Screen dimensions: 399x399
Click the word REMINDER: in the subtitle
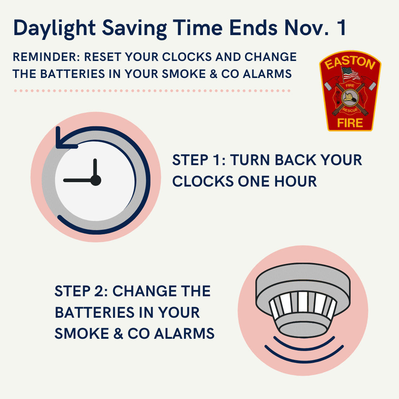tap(46, 57)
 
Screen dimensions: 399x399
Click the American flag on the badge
tap(350, 74)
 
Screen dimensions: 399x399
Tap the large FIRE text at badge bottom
tap(350, 123)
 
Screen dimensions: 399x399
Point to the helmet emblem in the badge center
tap(350, 98)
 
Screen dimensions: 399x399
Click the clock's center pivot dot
tap(96, 180)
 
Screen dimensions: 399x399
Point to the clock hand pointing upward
tap(95, 168)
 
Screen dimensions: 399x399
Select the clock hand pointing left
tap(78, 180)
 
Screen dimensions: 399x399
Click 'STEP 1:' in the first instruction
tap(199, 160)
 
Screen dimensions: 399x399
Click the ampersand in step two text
tap(118, 334)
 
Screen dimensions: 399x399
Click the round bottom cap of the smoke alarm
tap(303, 330)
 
